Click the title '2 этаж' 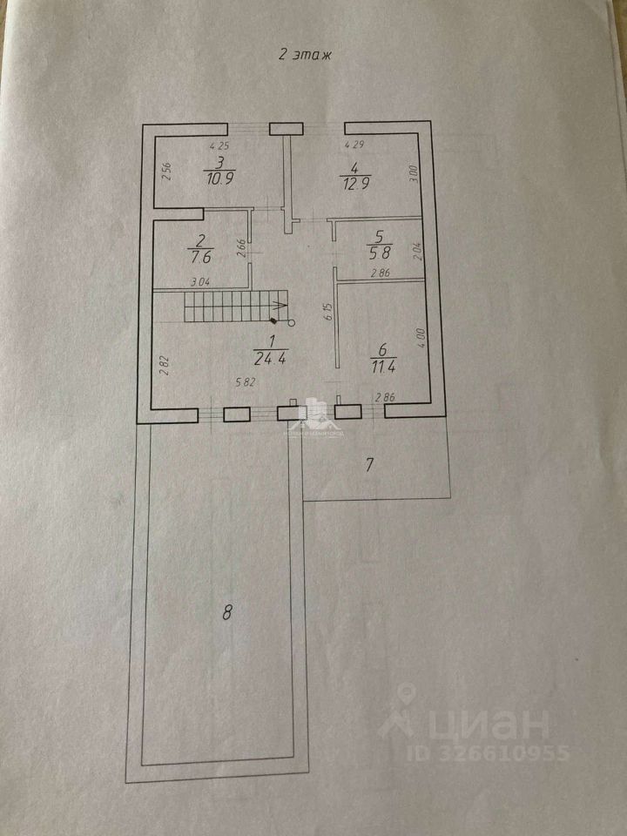click(x=305, y=54)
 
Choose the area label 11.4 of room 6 click(x=381, y=364)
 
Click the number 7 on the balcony click(x=368, y=464)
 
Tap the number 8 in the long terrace click(x=227, y=612)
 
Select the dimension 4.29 click(x=354, y=145)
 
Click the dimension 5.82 click(x=247, y=381)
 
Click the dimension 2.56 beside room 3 click(x=167, y=172)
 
